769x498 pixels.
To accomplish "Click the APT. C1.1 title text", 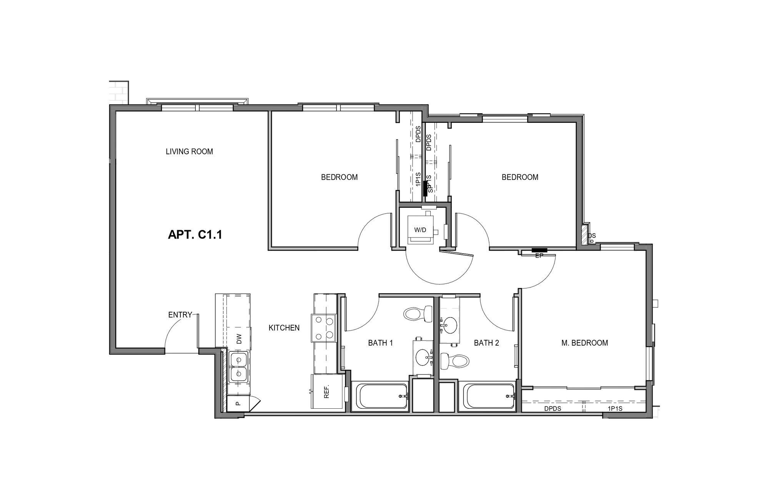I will click(195, 234).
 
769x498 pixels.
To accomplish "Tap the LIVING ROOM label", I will click(189, 152).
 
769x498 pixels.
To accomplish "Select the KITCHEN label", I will click(284, 328).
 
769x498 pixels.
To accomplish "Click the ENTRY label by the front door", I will click(180, 315).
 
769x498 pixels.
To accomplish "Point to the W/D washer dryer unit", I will click(421, 230).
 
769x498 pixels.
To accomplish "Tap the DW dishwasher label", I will click(239, 339).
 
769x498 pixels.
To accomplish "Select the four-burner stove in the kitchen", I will click(324, 328).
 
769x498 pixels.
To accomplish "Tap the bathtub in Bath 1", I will click(380, 396).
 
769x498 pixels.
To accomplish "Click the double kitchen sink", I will click(239, 367).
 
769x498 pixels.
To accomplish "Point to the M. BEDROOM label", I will click(584, 343).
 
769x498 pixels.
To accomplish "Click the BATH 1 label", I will click(380, 343).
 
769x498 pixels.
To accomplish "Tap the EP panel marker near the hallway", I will click(539, 255).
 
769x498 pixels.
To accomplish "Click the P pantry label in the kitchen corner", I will click(238, 404).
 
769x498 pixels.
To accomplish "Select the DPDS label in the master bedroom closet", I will click(553, 409).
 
